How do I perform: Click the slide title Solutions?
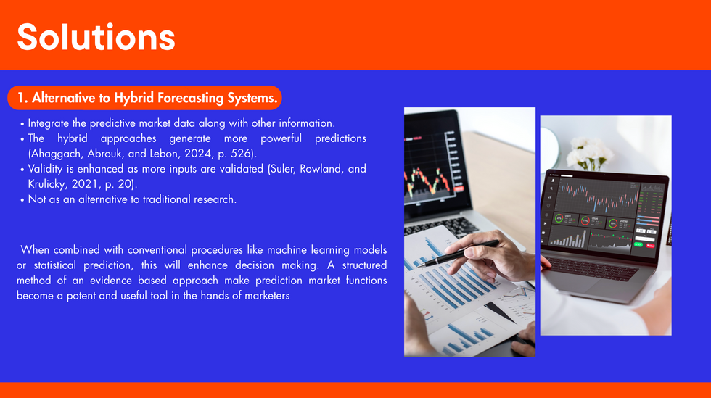pos(96,37)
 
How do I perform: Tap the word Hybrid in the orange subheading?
pos(130,98)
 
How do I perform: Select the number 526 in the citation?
pos(241,153)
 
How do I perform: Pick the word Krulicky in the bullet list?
pos(46,184)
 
